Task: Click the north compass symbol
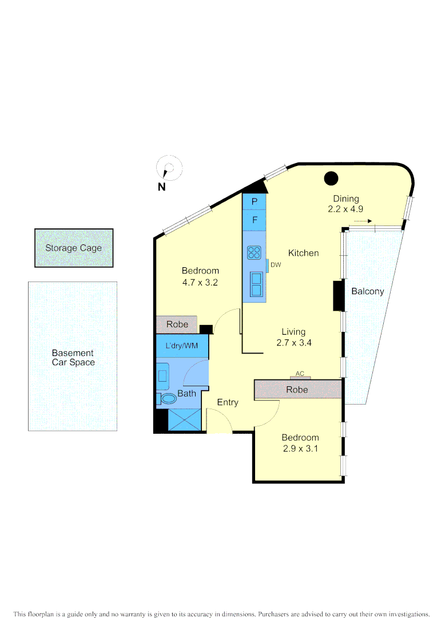168,169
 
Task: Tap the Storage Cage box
74,248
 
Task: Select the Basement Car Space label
73,358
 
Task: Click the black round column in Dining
331,179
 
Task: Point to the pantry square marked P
255,202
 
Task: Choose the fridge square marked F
255,220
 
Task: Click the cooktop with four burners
255,252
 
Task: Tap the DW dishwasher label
276,265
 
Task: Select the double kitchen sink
256,284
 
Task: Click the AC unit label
300,374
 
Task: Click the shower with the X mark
185,419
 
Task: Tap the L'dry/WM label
181,346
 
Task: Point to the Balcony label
367,291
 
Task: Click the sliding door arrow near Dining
363,220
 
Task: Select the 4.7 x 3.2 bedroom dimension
200,282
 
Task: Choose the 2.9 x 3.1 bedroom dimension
300,449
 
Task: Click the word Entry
228,402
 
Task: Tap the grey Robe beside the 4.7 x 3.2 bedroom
177,324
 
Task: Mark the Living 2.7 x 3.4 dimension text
293,343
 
